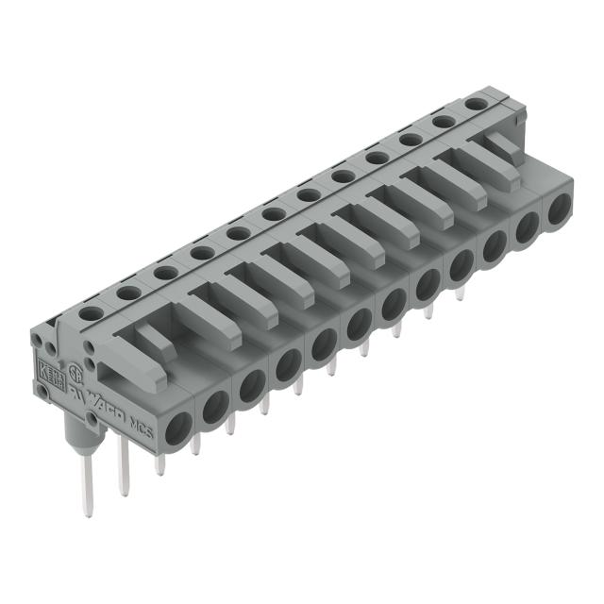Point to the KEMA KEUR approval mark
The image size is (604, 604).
(46, 368)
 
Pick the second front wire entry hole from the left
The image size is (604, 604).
(214, 404)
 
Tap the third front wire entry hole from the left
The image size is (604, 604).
(250, 384)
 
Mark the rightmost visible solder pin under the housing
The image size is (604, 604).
(461, 293)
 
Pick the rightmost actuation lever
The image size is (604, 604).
(502, 150)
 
